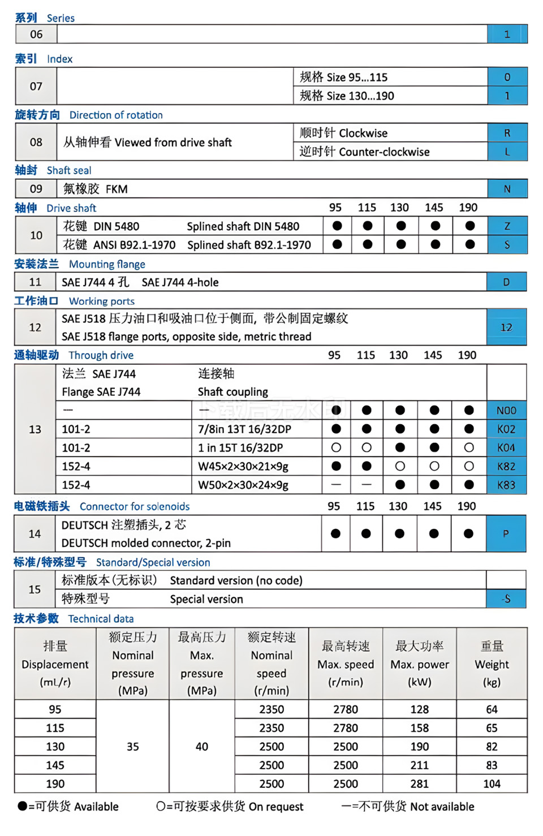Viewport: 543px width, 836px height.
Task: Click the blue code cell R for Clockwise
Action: [507, 133]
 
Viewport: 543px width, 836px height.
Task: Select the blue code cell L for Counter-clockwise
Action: [507, 152]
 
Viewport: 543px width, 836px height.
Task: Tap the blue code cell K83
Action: [506, 485]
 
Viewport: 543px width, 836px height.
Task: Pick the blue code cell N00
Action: [506, 410]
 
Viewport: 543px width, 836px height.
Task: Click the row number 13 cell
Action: [35, 429]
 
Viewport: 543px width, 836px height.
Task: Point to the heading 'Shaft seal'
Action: [69, 170]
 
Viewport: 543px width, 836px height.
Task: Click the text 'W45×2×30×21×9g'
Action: [243, 466]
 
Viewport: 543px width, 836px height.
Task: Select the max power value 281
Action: [419, 783]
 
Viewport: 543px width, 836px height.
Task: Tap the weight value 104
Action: [492, 783]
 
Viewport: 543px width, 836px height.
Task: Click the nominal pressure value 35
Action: [133, 746]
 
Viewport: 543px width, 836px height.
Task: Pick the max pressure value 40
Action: [202, 746]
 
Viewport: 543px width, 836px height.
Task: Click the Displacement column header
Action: [55, 664]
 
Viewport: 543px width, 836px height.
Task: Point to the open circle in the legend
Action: [161, 806]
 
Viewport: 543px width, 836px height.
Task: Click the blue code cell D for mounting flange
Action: [506, 282]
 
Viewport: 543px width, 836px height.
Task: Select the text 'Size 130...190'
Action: [360, 96]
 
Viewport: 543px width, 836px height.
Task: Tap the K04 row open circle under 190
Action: [469, 447]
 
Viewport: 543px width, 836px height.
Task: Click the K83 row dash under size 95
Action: [336, 485]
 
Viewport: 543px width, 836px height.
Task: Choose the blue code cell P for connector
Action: [506, 533]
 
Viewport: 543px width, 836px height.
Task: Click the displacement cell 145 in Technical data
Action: [55, 765]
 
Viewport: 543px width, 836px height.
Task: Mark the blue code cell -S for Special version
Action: [506, 598]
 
